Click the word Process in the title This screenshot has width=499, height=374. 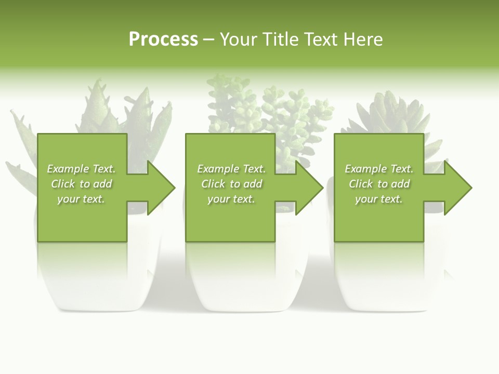coord(163,39)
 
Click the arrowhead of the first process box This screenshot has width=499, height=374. coord(160,188)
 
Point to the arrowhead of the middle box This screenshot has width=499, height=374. coord(308,188)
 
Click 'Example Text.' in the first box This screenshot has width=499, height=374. coord(81,169)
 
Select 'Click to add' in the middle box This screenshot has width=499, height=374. coord(231,184)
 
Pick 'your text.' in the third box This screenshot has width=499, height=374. coord(378,199)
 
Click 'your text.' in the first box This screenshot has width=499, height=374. coord(81,199)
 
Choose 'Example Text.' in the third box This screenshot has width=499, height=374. coord(378,169)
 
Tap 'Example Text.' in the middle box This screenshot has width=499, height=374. coord(231,169)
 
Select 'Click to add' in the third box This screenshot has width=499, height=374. coord(378,184)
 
